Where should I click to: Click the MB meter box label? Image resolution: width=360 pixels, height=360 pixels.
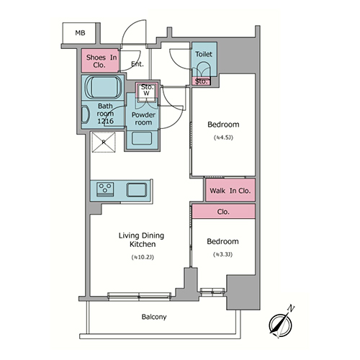coord(80,33)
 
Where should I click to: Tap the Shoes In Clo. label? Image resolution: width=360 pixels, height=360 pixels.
coord(102,61)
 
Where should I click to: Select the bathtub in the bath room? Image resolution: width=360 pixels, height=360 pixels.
coord(104,87)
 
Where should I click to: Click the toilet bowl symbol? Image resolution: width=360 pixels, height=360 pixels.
coord(204,69)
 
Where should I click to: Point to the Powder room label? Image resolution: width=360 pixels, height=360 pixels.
coord(143,119)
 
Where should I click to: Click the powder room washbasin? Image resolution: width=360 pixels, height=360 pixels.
coord(142,138)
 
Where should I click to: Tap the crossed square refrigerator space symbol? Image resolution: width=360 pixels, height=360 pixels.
coord(104,142)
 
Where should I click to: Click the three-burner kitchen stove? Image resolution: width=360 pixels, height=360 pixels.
coord(105,189)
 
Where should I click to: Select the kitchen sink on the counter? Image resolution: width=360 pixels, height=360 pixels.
coord(137,190)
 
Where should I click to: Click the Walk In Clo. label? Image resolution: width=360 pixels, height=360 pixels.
coord(230,191)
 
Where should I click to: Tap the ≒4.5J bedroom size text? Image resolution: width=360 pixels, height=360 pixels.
coord(223,138)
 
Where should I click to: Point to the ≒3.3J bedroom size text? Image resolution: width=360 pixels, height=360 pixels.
coord(223,254)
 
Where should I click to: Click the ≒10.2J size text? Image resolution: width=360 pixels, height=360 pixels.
coord(143,257)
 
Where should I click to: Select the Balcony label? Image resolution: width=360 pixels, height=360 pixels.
coord(154,317)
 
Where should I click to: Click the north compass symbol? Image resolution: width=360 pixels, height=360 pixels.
coord(280,325)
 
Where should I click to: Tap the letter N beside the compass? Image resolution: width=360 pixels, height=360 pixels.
coord(291,308)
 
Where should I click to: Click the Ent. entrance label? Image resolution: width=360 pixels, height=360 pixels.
coord(138,64)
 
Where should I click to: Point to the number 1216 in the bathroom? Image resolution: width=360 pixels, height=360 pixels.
coord(105,121)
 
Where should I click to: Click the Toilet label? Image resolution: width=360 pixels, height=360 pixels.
coord(204,54)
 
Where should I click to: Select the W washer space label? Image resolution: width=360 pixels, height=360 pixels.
coord(146,94)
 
